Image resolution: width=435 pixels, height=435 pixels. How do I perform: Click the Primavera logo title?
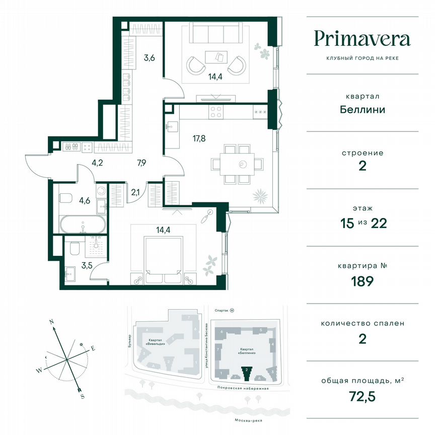pyautogui.click(x=362, y=39)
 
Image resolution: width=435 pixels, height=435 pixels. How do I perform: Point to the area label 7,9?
pyautogui.click(x=143, y=163)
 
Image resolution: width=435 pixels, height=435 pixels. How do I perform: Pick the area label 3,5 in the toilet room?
pyautogui.click(x=73, y=262)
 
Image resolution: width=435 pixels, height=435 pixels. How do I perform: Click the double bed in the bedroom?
pyautogui.click(x=163, y=257)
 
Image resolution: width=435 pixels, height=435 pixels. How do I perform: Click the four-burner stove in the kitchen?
pyautogui.click(x=216, y=111)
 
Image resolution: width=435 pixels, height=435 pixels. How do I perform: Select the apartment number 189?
pyautogui.click(x=362, y=280)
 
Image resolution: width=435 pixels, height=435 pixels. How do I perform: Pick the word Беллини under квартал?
pyautogui.click(x=362, y=109)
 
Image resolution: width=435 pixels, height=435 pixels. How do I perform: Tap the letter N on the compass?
pyautogui.click(x=51, y=321)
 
